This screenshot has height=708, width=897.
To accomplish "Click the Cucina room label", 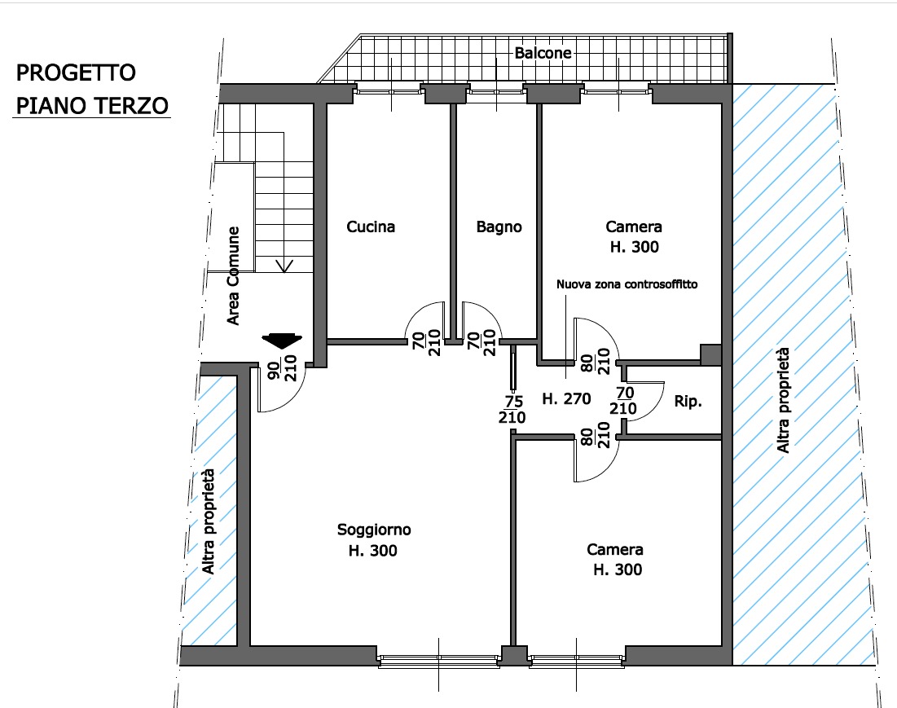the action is [x=371, y=227].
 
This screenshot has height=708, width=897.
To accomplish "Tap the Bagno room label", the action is [x=499, y=227].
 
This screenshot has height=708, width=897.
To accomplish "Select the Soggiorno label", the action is [x=374, y=530].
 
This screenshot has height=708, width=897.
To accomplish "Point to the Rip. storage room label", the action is [x=688, y=402].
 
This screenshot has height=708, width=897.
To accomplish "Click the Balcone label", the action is [x=543, y=53].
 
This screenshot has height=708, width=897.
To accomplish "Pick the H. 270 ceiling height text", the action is [x=566, y=398].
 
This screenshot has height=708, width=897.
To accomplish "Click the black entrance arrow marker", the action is [x=282, y=341].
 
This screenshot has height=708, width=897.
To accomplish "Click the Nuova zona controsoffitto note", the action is [x=627, y=284].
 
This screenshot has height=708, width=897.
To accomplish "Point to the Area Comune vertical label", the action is [x=233, y=276].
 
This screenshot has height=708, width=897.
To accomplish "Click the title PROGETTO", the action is [x=76, y=73].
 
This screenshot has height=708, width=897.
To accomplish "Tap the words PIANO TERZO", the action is [x=92, y=106].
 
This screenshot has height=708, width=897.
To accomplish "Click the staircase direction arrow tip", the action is [x=284, y=271].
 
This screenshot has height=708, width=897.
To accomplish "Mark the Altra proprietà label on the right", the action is [x=783, y=400].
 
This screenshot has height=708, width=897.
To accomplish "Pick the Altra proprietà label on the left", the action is [x=209, y=521].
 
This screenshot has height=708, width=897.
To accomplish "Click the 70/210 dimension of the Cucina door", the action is [x=427, y=342].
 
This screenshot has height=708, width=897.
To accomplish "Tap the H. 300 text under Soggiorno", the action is [x=373, y=551].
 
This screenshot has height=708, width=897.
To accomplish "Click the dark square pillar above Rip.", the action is [x=711, y=354].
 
